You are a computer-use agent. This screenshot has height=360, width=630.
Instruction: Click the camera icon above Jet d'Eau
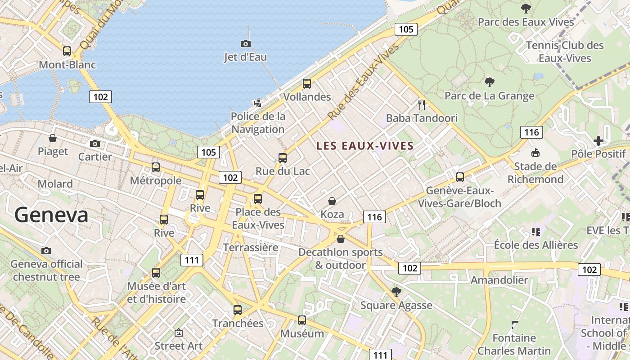[x=245, y=44]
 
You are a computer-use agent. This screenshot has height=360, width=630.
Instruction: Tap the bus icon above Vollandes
[x=307, y=83]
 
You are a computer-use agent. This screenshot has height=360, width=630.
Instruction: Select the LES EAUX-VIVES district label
[x=365, y=146]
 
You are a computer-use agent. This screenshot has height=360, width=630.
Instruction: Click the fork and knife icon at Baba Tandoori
[x=422, y=105]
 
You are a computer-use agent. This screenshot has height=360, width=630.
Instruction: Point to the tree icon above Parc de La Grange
[x=489, y=82]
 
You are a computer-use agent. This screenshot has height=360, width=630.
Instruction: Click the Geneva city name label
[x=51, y=215]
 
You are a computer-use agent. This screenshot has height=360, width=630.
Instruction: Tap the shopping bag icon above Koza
[x=332, y=201]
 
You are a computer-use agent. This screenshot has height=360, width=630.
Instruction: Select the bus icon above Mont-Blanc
[x=67, y=51]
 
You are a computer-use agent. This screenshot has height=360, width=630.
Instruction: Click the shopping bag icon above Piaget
[x=53, y=138]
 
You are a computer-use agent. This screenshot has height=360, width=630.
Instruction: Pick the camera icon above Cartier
[x=94, y=144]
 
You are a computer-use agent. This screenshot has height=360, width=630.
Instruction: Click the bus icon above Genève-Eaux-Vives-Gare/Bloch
[x=459, y=177]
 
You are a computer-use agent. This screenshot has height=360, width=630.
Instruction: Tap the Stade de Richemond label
[x=535, y=173]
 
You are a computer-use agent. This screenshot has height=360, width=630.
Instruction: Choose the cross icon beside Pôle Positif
[x=598, y=141]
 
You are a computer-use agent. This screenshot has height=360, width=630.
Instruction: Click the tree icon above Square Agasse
[x=396, y=292]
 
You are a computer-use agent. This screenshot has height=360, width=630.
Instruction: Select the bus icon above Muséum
[x=302, y=320]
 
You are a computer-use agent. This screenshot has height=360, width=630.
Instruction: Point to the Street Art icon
[x=179, y=333]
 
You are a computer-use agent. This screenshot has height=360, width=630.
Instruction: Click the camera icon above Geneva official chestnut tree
[x=46, y=251]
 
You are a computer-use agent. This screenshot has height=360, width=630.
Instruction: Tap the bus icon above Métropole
[x=156, y=167]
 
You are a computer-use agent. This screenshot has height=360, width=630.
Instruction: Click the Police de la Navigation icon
[x=257, y=103]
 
